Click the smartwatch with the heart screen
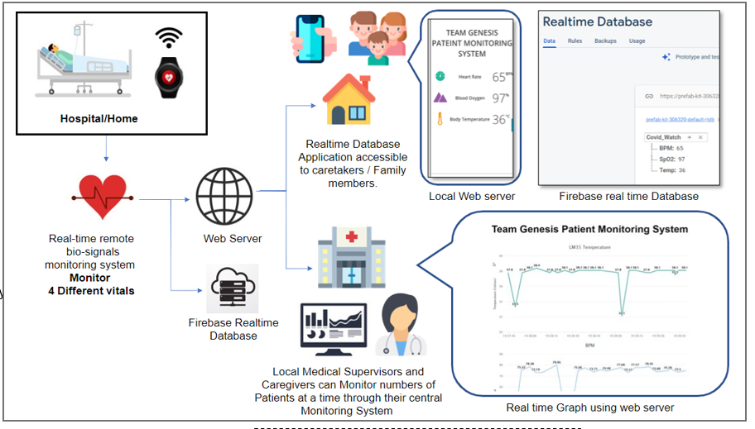click(x=171, y=79)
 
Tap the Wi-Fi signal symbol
click(x=170, y=38)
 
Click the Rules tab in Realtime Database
click(x=575, y=41)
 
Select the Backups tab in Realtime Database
click(x=605, y=41)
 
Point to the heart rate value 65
click(x=499, y=77)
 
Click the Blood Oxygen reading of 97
click(x=499, y=98)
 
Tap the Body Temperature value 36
click(x=499, y=119)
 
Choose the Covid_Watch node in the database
click(x=665, y=136)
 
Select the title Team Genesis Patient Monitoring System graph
click(x=589, y=229)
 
